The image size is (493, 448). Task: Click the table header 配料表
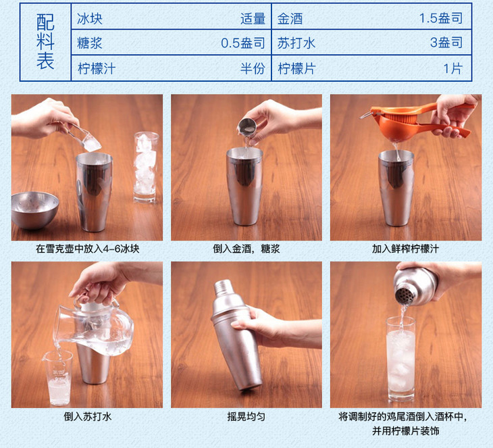point(45,41)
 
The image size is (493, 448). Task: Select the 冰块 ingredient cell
point(90,18)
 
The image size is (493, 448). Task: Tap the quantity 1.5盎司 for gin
point(441,18)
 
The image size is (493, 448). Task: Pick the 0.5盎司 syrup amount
point(242,43)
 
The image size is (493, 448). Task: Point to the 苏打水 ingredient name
point(296,43)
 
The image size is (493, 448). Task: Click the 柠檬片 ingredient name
point(296,68)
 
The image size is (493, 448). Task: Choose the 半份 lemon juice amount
point(253,68)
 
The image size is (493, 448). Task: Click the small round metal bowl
point(34,210)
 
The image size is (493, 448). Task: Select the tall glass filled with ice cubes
point(146,167)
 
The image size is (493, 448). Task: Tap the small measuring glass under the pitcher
point(59,378)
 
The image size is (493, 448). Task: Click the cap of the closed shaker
point(224,287)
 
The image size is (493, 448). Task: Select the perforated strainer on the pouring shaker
point(405,295)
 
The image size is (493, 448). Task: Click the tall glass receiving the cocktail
point(400,359)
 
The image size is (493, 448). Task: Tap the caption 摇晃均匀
point(246,416)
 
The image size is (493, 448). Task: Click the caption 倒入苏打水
point(87,416)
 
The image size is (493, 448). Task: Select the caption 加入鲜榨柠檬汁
point(405,249)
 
